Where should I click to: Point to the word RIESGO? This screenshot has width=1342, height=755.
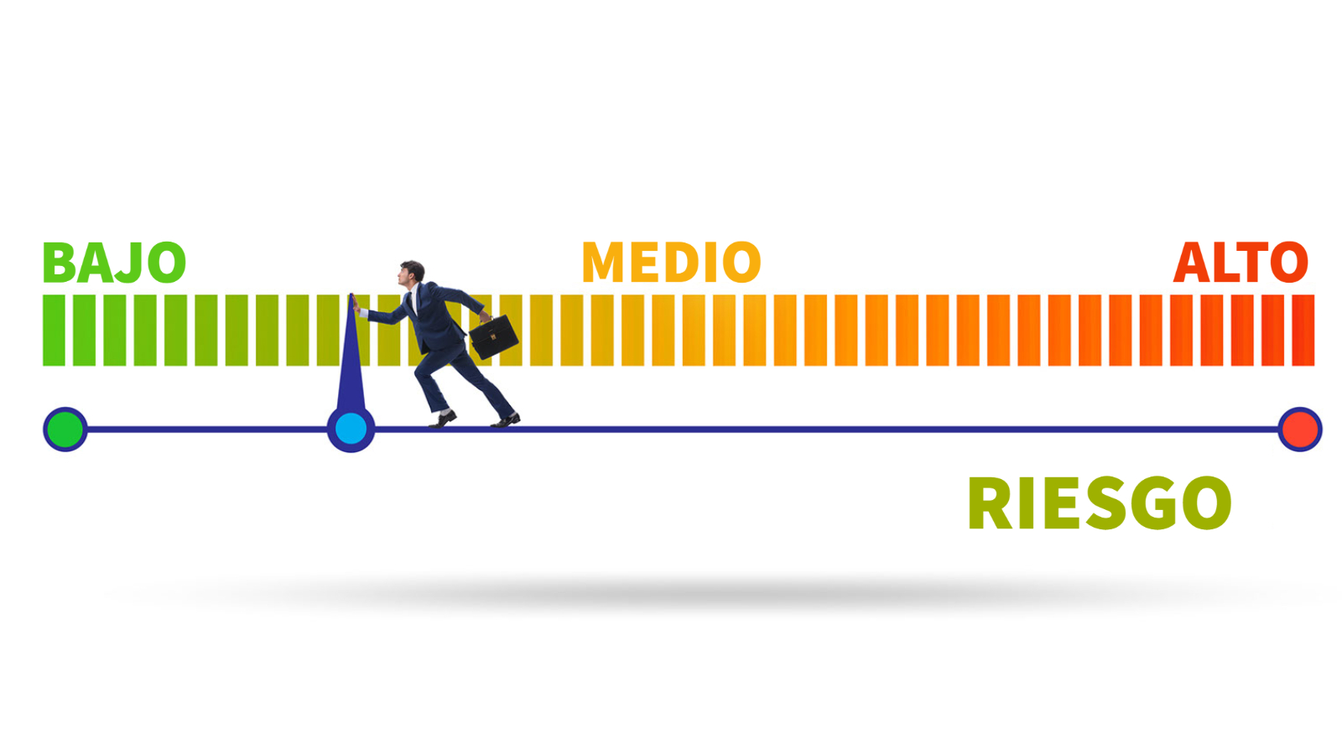click(x=1100, y=503)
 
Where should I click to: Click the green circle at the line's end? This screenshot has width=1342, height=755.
click(x=65, y=430)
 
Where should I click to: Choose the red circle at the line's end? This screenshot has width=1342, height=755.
click(x=1300, y=430)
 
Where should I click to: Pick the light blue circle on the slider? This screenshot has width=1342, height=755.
click(x=351, y=429)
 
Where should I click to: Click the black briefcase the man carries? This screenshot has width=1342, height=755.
click(x=494, y=336)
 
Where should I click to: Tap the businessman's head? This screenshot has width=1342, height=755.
click(x=412, y=273)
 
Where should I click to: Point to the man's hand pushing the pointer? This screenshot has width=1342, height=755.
click(x=357, y=305)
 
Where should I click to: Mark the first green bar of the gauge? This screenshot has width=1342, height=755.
click(x=54, y=331)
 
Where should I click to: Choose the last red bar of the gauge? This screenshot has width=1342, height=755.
click(x=1303, y=331)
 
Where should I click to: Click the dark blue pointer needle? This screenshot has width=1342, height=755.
click(x=351, y=360)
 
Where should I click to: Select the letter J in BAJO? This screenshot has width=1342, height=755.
click(x=130, y=263)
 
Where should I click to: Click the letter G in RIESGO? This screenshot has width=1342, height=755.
click(x=1160, y=503)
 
